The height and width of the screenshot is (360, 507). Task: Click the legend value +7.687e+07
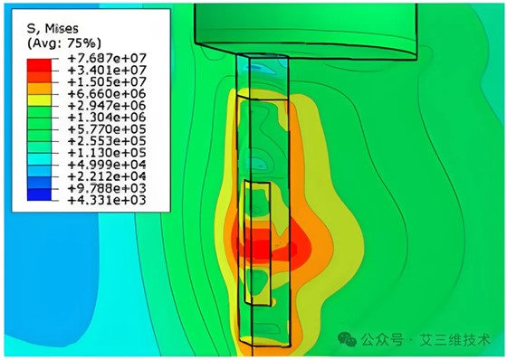point(107,58)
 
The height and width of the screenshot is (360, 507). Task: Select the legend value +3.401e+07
point(107,71)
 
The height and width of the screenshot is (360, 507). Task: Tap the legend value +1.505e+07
point(107,81)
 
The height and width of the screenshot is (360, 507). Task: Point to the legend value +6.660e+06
point(107,94)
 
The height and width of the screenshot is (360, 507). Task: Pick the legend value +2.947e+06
point(107,106)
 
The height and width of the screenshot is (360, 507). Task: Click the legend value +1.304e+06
point(107,118)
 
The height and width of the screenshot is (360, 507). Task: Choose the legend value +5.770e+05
point(107,129)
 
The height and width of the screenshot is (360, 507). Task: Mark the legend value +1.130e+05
point(107,153)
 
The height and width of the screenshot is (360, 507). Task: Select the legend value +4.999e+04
point(107,165)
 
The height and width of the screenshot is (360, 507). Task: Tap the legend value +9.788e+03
point(107,188)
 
